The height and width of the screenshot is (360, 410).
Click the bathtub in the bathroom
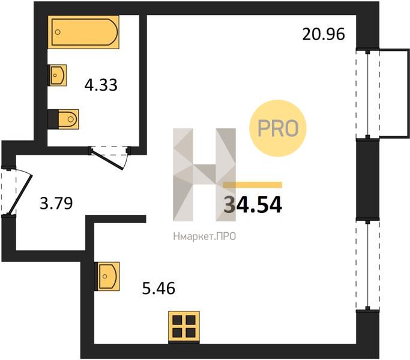83,32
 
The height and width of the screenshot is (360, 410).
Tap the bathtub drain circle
58,32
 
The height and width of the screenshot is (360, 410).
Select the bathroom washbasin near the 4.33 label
57,75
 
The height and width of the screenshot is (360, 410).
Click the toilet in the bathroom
63,119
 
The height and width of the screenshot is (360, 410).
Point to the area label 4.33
101,85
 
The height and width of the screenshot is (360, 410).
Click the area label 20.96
324,34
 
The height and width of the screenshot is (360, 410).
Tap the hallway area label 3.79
56,203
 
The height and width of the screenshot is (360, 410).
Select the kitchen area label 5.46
158,289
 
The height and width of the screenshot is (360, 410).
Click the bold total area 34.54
253,205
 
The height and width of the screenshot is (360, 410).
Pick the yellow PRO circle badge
278,128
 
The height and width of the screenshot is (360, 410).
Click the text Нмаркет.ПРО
205,236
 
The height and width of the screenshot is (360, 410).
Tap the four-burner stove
184,326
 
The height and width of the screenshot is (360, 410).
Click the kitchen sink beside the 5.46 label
107,277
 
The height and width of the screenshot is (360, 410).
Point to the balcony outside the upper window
394,93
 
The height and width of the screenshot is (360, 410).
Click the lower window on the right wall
367,265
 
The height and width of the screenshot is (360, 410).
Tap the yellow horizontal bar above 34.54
253,185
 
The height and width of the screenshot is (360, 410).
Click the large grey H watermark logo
205,175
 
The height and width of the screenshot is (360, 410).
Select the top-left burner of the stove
177,320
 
